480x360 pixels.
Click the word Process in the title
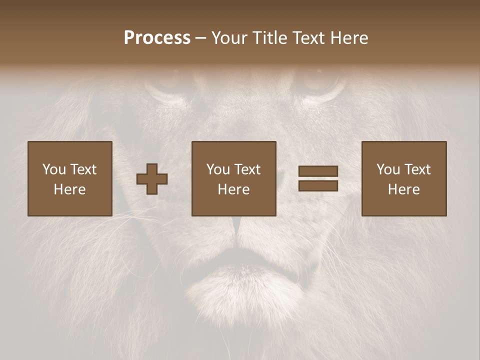tap(157, 37)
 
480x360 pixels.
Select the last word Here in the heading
tap(349, 37)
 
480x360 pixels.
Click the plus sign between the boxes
tap(152, 179)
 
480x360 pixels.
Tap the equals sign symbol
tap(318, 178)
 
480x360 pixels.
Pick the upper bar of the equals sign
tap(318, 171)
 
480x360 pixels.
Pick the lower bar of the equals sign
tap(318, 185)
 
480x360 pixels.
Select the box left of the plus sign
tap(69, 178)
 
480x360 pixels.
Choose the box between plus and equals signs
tap(233, 178)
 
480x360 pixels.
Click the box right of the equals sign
tap(403, 178)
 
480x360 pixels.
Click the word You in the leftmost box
tap(54, 169)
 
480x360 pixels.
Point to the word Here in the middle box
tap(233, 189)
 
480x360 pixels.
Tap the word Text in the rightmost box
tap(417, 169)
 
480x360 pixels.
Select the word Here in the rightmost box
tap(403, 189)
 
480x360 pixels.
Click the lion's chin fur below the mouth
tap(240, 295)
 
